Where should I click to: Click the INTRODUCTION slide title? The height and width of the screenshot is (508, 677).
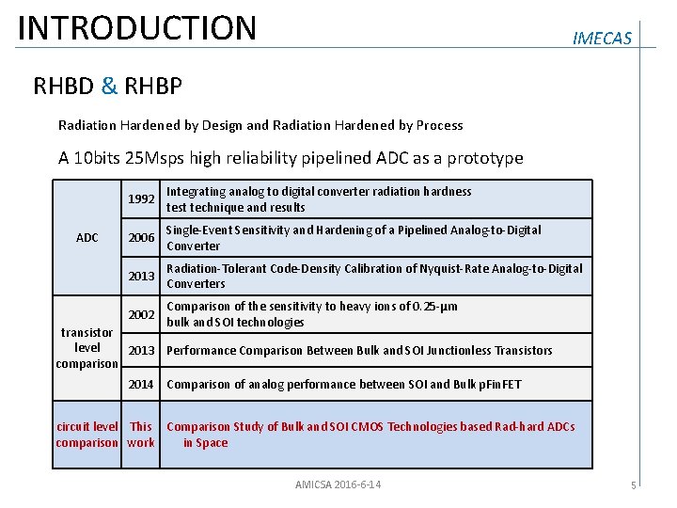pyautogui.click(x=137, y=27)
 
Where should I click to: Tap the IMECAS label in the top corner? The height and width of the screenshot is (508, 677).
pyautogui.click(x=602, y=39)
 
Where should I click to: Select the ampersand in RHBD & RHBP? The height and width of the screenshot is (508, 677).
pyautogui.click(x=110, y=87)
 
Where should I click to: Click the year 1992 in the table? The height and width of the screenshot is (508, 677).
pyautogui.click(x=141, y=199)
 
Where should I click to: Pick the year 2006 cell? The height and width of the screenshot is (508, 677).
pyautogui.click(x=141, y=238)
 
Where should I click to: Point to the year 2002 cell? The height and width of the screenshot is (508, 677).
pyautogui.click(x=141, y=314)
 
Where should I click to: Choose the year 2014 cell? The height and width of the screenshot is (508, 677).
pyautogui.click(x=141, y=384)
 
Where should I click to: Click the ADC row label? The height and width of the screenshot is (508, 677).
pyautogui.click(x=87, y=238)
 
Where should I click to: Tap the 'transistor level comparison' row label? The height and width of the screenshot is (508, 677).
pyautogui.click(x=87, y=348)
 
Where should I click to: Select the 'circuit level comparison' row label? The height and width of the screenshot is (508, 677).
pyautogui.click(x=87, y=435)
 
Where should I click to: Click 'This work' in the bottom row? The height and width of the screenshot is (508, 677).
pyautogui.click(x=141, y=435)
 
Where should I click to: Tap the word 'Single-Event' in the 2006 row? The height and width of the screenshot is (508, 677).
pyautogui.click(x=198, y=230)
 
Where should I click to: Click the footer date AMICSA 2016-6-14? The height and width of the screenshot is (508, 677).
pyautogui.click(x=338, y=484)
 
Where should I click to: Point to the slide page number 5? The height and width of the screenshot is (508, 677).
pyautogui.click(x=634, y=485)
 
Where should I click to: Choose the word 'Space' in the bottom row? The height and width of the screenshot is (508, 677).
pyautogui.click(x=212, y=443)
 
